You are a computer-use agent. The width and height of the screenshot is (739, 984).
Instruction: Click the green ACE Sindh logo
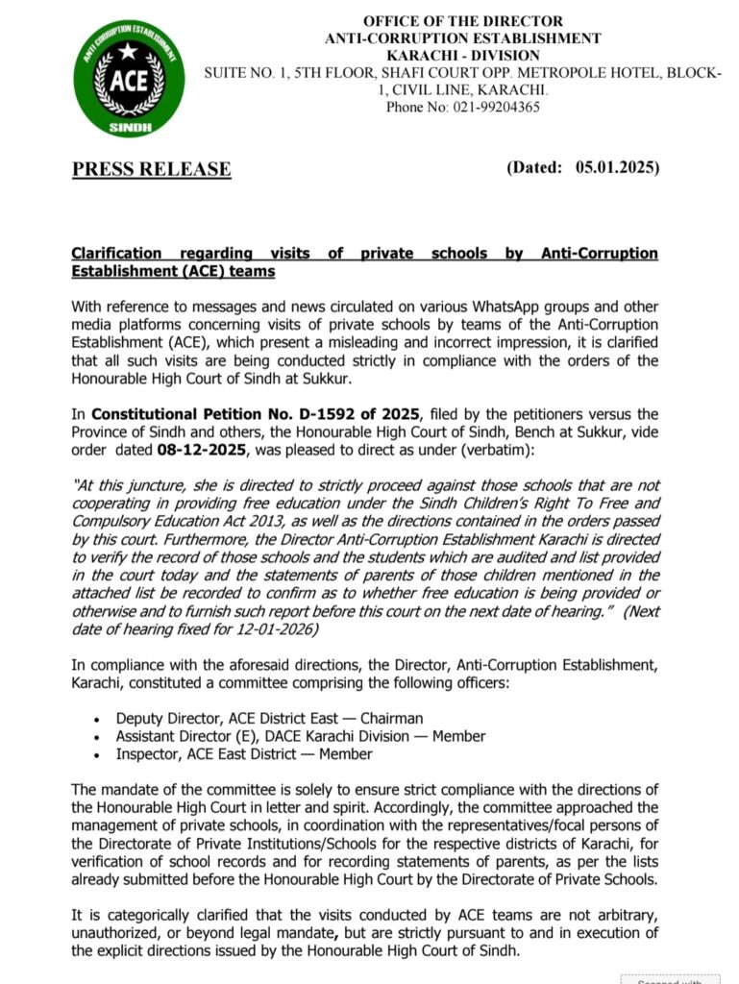pyautogui.click(x=130, y=78)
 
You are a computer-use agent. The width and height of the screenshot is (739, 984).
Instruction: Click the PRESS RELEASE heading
pyautogui.click(x=152, y=169)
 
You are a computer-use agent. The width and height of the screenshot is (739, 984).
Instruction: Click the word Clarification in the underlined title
pyautogui.click(x=116, y=254)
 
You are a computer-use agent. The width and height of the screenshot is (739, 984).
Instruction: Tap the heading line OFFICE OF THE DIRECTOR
pyautogui.click(x=462, y=21)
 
